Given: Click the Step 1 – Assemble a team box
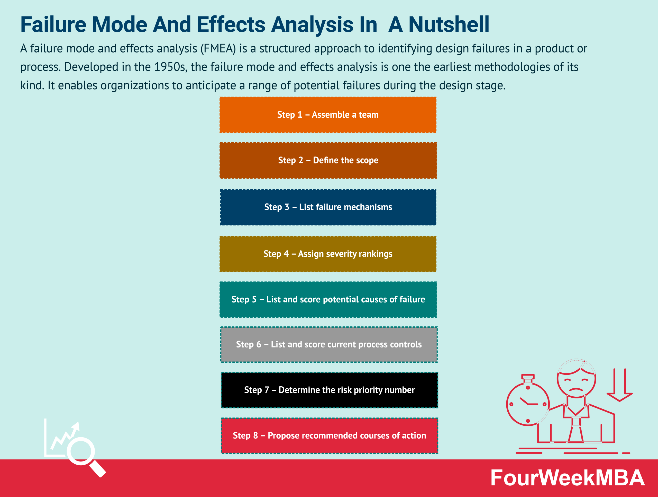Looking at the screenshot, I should coord(328,115).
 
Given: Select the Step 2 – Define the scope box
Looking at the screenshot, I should coord(328,160).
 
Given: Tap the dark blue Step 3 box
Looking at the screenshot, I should coord(328,207).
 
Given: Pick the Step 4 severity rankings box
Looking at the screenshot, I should coord(328,254).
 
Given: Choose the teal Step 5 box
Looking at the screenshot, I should coord(328,299).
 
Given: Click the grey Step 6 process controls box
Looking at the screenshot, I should coord(329,344).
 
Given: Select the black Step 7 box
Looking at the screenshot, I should coord(329,390).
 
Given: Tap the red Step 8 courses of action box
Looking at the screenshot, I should coord(329,435).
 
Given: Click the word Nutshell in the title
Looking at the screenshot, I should coord(449,24).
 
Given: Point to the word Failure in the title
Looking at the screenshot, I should coord(53,24).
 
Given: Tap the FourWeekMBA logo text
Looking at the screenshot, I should coord(567,478).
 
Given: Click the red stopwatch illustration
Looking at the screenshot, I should coord(528,404).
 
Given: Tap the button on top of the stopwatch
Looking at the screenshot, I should coord(528,376).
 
